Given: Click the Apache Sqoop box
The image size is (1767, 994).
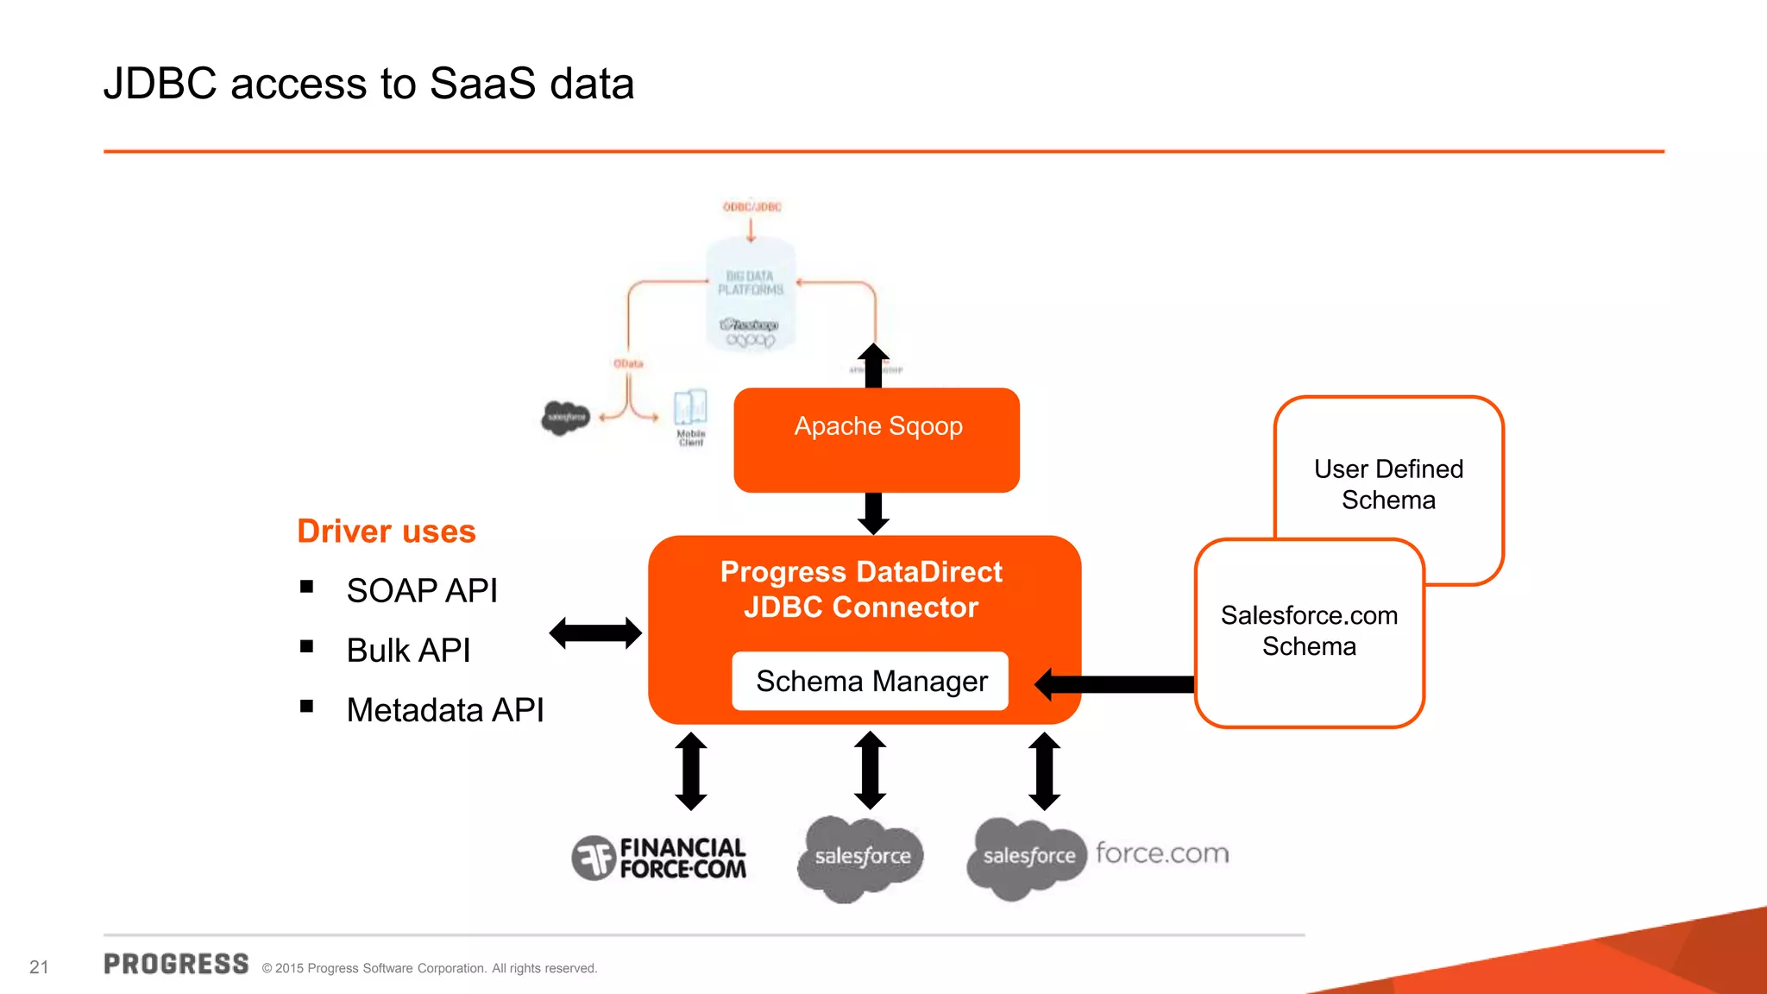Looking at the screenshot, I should [877, 439].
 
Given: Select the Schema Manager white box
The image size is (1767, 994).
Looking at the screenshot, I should [871, 682].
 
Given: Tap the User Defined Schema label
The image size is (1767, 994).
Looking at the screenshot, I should [1388, 484].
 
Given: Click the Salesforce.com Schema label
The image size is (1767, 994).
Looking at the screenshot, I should [1309, 631].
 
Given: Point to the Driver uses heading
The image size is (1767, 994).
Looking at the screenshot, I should [386, 532].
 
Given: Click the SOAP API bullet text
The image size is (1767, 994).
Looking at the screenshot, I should [422, 591].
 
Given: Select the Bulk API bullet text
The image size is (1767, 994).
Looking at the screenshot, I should [408, 651].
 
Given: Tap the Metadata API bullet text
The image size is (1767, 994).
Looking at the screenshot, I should [444, 710].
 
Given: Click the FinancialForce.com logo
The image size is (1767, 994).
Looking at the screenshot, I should [659, 858].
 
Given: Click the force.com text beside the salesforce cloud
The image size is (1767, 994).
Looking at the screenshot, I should [1162, 853].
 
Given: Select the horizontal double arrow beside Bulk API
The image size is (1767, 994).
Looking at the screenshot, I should [595, 633].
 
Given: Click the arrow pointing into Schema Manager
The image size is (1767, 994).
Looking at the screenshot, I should [1113, 685].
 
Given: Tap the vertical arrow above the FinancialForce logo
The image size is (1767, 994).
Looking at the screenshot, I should [691, 771].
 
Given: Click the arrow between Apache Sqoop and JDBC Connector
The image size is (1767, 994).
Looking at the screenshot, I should [873, 513].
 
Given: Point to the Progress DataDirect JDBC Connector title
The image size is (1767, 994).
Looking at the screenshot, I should [861, 589].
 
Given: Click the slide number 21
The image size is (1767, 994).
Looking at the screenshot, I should [39, 967].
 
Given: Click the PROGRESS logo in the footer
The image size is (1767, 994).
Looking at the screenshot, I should [176, 964].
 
